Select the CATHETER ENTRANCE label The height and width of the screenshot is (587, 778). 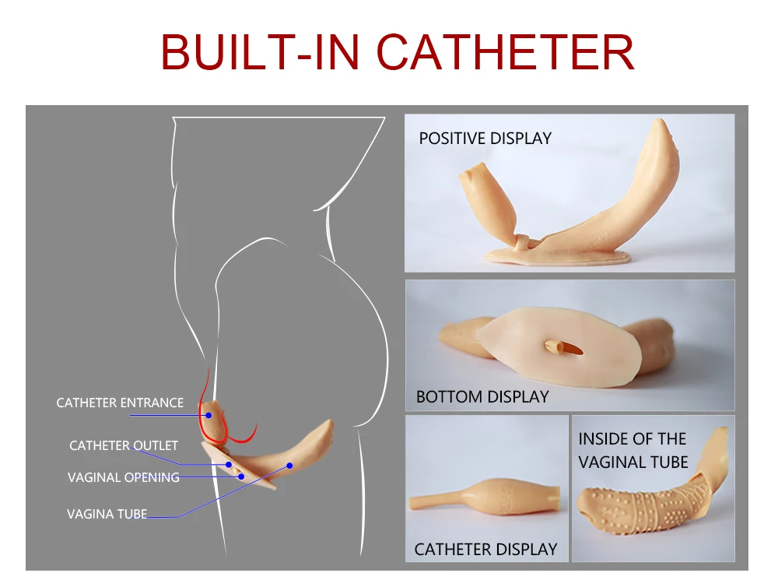pyautogui.click(x=120, y=402)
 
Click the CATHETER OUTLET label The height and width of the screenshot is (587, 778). pyautogui.click(x=124, y=445)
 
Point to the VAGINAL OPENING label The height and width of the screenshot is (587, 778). pyautogui.click(x=124, y=477)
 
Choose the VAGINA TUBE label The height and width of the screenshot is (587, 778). pyautogui.click(x=107, y=514)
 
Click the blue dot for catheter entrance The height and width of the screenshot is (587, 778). pyautogui.click(x=209, y=416)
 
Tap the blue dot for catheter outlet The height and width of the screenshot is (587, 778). pyautogui.click(x=230, y=465)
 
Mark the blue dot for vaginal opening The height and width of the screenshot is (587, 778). pyautogui.click(x=241, y=476)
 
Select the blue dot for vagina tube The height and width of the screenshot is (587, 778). pyautogui.click(x=289, y=466)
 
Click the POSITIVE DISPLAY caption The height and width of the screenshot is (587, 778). pyautogui.click(x=485, y=139)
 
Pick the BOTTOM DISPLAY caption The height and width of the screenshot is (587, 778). pyautogui.click(x=482, y=396)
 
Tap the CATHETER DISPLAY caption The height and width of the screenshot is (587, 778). pyautogui.click(x=485, y=549)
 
